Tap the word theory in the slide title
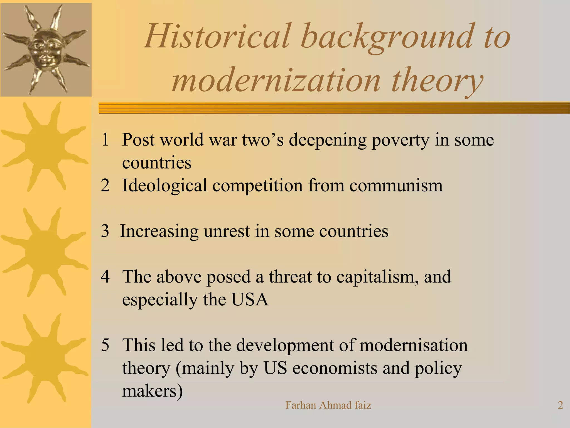coord(437,81)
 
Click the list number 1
coord(105,140)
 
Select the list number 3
coord(105,231)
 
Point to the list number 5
coord(105,345)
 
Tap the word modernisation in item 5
coord(413,345)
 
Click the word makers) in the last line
coord(153,391)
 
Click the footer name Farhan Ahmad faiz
coord(328,405)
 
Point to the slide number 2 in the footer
coord(560,405)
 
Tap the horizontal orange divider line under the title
coord(334,108)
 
